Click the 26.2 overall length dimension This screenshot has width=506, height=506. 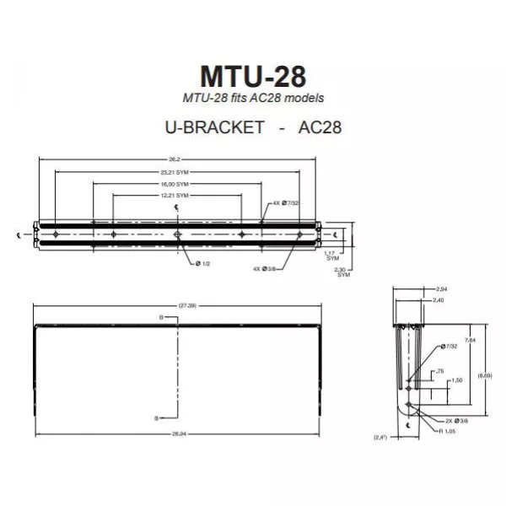point(175,159)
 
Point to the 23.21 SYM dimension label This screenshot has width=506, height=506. point(175,171)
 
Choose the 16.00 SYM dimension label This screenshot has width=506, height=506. point(175,183)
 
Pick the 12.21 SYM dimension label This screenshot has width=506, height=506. point(175,195)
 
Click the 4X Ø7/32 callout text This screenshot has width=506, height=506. point(286,202)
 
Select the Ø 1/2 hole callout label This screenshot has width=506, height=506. point(203,262)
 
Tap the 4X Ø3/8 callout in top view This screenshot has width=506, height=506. point(264,268)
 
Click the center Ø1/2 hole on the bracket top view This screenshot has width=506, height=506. point(176,234)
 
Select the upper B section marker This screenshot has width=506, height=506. point(161,317)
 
